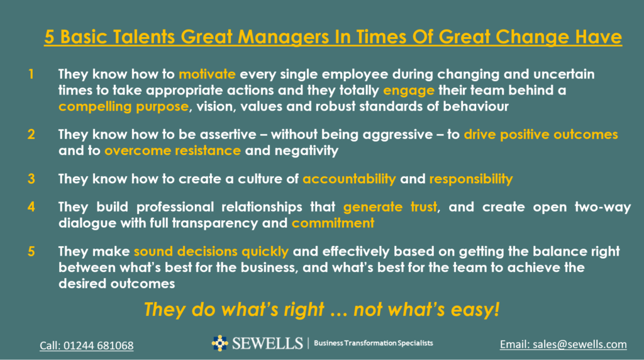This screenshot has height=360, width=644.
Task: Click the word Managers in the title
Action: (284, 37)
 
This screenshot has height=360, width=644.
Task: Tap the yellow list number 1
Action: (31, 74)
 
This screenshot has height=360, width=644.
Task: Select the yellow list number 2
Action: (31, 135)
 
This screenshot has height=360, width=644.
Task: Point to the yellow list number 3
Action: (31, 179)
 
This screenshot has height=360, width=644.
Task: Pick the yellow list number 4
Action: (31, 206)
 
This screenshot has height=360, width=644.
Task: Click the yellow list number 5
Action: (31, 251)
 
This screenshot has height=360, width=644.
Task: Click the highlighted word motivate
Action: (207, 74)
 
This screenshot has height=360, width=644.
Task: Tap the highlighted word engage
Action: (409, 91)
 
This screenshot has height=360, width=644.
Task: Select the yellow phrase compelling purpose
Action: (124, 107)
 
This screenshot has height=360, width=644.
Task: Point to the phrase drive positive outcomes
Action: (541, 135)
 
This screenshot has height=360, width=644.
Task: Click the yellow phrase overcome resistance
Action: (172, 150)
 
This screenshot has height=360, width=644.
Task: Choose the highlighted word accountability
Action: (349, 179)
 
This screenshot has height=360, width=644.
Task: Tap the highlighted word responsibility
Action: (471, 179)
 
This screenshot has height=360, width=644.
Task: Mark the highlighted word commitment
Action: (333, 223)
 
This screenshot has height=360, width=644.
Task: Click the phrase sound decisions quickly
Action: (211, 252)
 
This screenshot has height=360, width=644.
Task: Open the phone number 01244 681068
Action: (99, 346)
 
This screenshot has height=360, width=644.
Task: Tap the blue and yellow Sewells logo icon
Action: (220, 343)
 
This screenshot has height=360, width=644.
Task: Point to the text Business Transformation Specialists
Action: (374, 343)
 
